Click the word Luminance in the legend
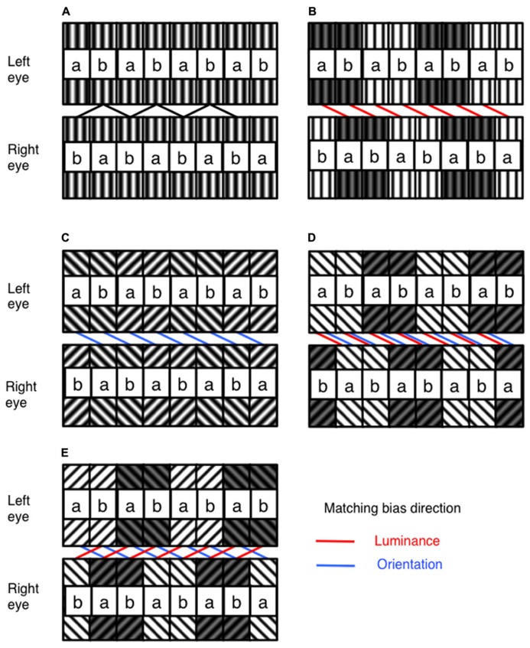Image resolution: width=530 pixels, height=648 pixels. (x=408, y=541)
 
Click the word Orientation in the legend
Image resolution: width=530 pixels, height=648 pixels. (x=411, y=565)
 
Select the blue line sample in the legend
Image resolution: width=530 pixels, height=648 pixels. (x=335, y=565)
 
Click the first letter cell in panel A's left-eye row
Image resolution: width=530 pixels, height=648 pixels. (x=76, y=66)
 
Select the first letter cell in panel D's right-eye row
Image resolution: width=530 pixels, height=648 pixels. (x=321, y=381)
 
